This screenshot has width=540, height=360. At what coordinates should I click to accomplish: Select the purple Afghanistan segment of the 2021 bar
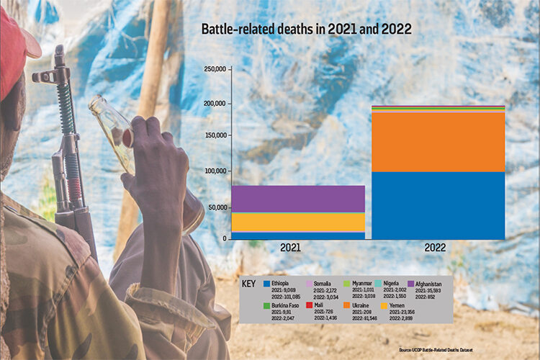(297, 199)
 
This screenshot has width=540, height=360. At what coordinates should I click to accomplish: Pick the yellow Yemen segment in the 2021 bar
(297, 222)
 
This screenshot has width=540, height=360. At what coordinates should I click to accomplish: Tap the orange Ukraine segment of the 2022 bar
(437, 143)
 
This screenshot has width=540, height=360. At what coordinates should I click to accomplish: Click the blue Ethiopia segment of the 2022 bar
(437, 205)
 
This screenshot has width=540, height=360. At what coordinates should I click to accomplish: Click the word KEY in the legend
(249, 284)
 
